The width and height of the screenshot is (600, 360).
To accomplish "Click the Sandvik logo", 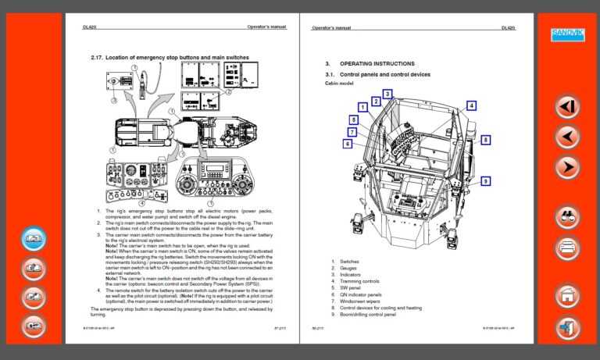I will (568, 34).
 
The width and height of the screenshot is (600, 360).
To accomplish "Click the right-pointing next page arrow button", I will (568, 167).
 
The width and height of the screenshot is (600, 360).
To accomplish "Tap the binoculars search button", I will (568, 217).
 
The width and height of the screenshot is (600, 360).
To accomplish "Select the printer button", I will (568, 249).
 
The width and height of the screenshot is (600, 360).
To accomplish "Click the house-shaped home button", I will (568, 296).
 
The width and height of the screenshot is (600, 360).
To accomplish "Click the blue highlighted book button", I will (34, 237).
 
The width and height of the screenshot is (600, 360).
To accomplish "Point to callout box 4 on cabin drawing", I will (471, 105).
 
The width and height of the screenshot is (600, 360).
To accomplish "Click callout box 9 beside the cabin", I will (485, 181).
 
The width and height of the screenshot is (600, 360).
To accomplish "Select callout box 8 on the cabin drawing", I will (485, 140).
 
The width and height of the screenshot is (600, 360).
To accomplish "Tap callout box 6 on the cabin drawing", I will (347, 144).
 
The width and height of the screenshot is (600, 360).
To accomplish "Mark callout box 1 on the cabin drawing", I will (362, 107).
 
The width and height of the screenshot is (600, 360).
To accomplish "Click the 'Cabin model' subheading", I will (339, 83).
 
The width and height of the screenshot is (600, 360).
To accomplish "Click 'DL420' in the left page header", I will (90, 27).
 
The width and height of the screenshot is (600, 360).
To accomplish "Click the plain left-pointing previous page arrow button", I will (568, 137).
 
